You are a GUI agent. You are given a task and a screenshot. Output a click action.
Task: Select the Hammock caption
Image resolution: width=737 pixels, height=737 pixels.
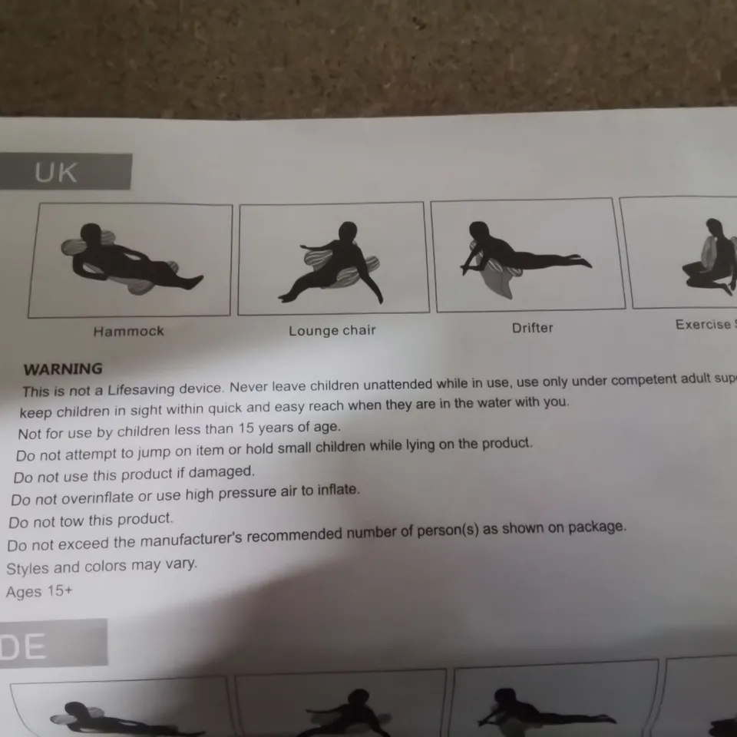(x=128, y=332)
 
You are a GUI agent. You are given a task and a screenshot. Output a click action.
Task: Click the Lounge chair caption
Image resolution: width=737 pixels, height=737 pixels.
(x=332, y=331)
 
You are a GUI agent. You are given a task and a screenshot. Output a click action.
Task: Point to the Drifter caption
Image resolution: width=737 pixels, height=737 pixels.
(x=532, y=328)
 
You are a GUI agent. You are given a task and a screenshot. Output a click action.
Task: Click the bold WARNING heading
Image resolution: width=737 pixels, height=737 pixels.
(x=63, y=369)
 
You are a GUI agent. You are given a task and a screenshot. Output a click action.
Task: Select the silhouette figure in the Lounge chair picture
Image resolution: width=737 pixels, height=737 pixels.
(x=338, y=261)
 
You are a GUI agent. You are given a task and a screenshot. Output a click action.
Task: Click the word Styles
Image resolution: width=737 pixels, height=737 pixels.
(x=28, y=569)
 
